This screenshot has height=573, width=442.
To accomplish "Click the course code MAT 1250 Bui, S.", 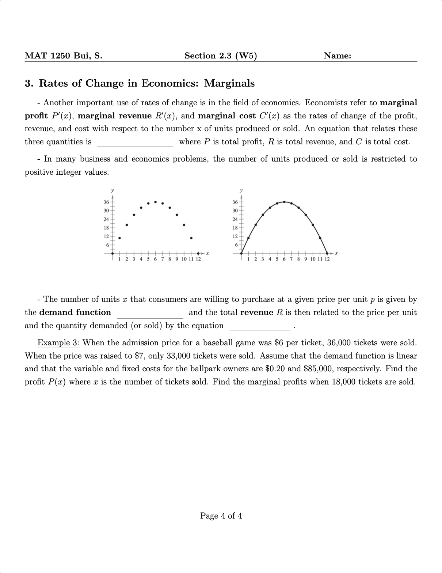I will click(x=64, y=56).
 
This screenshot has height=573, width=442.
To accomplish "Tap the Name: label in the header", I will click(x=337, y=56).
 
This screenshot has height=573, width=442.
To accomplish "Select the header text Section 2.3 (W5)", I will click(x=221, y=56).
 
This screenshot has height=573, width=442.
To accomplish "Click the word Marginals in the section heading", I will click(x=229, y=83).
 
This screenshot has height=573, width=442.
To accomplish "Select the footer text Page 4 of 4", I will click(x=221, y=516).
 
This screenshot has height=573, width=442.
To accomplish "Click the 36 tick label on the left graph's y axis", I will click(x=106, y=202).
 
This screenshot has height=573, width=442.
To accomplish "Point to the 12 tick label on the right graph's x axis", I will click(x=327, y=259).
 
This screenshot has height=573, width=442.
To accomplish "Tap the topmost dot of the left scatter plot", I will click(x=155, y=202).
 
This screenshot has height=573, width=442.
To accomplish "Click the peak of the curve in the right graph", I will click(x=284, y=202).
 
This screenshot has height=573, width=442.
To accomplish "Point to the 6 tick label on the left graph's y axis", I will click(x=107, y=244).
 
